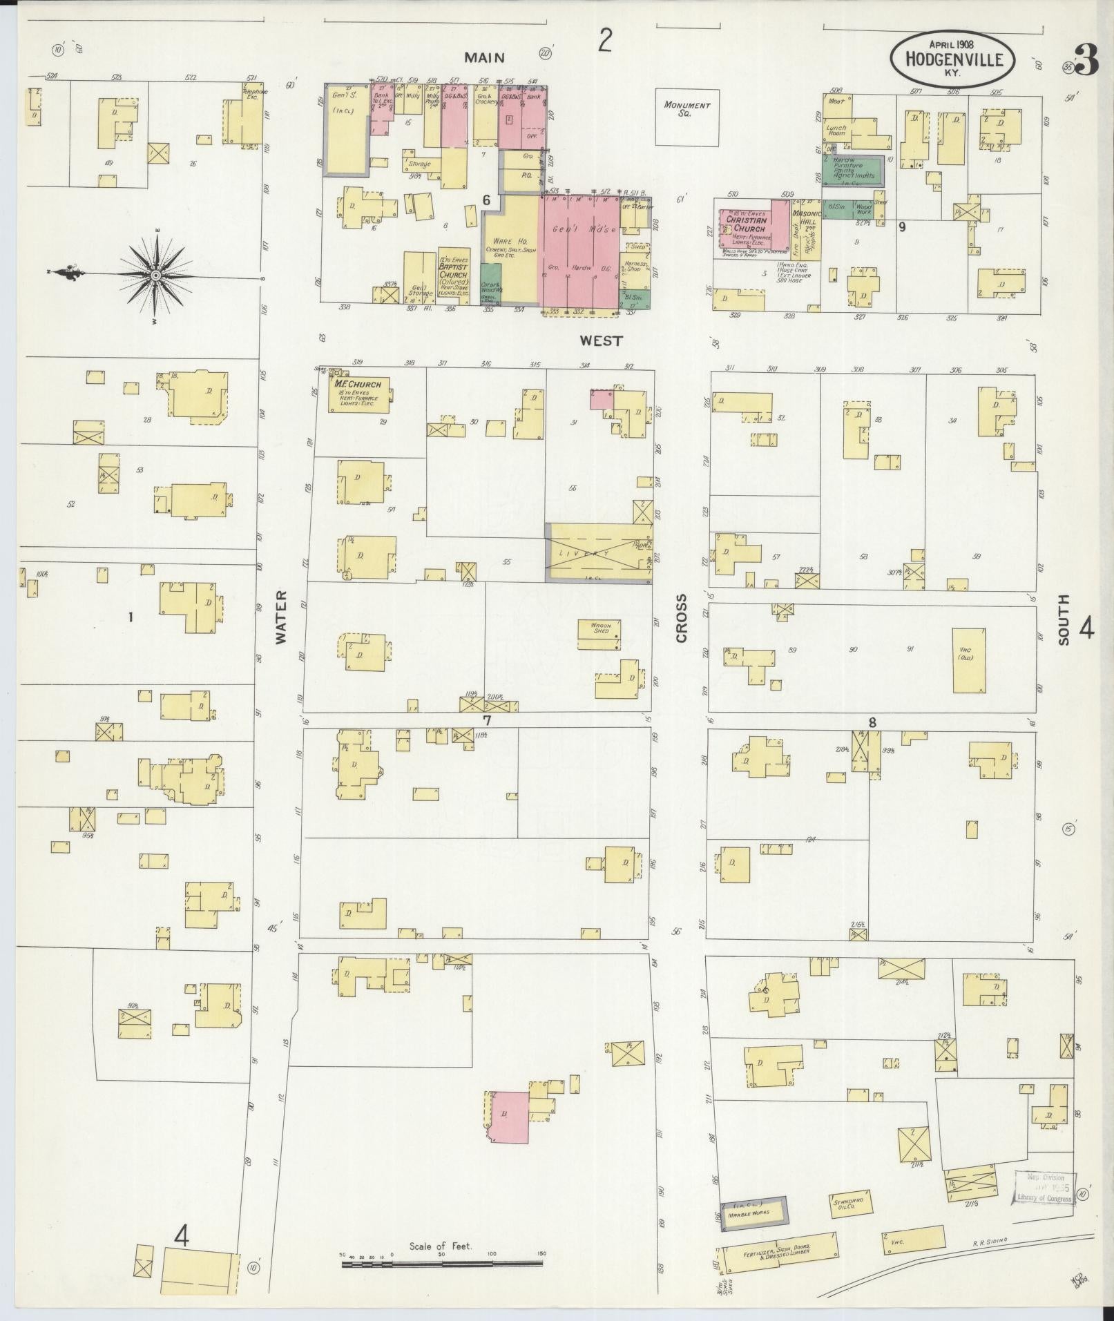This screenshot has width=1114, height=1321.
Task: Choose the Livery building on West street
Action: coord(598,553)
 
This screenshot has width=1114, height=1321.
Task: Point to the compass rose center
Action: coord(156,276)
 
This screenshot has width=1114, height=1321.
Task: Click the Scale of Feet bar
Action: coord(442,1265)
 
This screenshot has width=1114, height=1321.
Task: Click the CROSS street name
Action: coord(682,618)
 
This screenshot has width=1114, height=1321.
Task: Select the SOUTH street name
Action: coord(1062,619)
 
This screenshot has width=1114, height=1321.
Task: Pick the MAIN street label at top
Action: coord(484,58)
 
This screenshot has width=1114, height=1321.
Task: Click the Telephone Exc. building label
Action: coord(249,93)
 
